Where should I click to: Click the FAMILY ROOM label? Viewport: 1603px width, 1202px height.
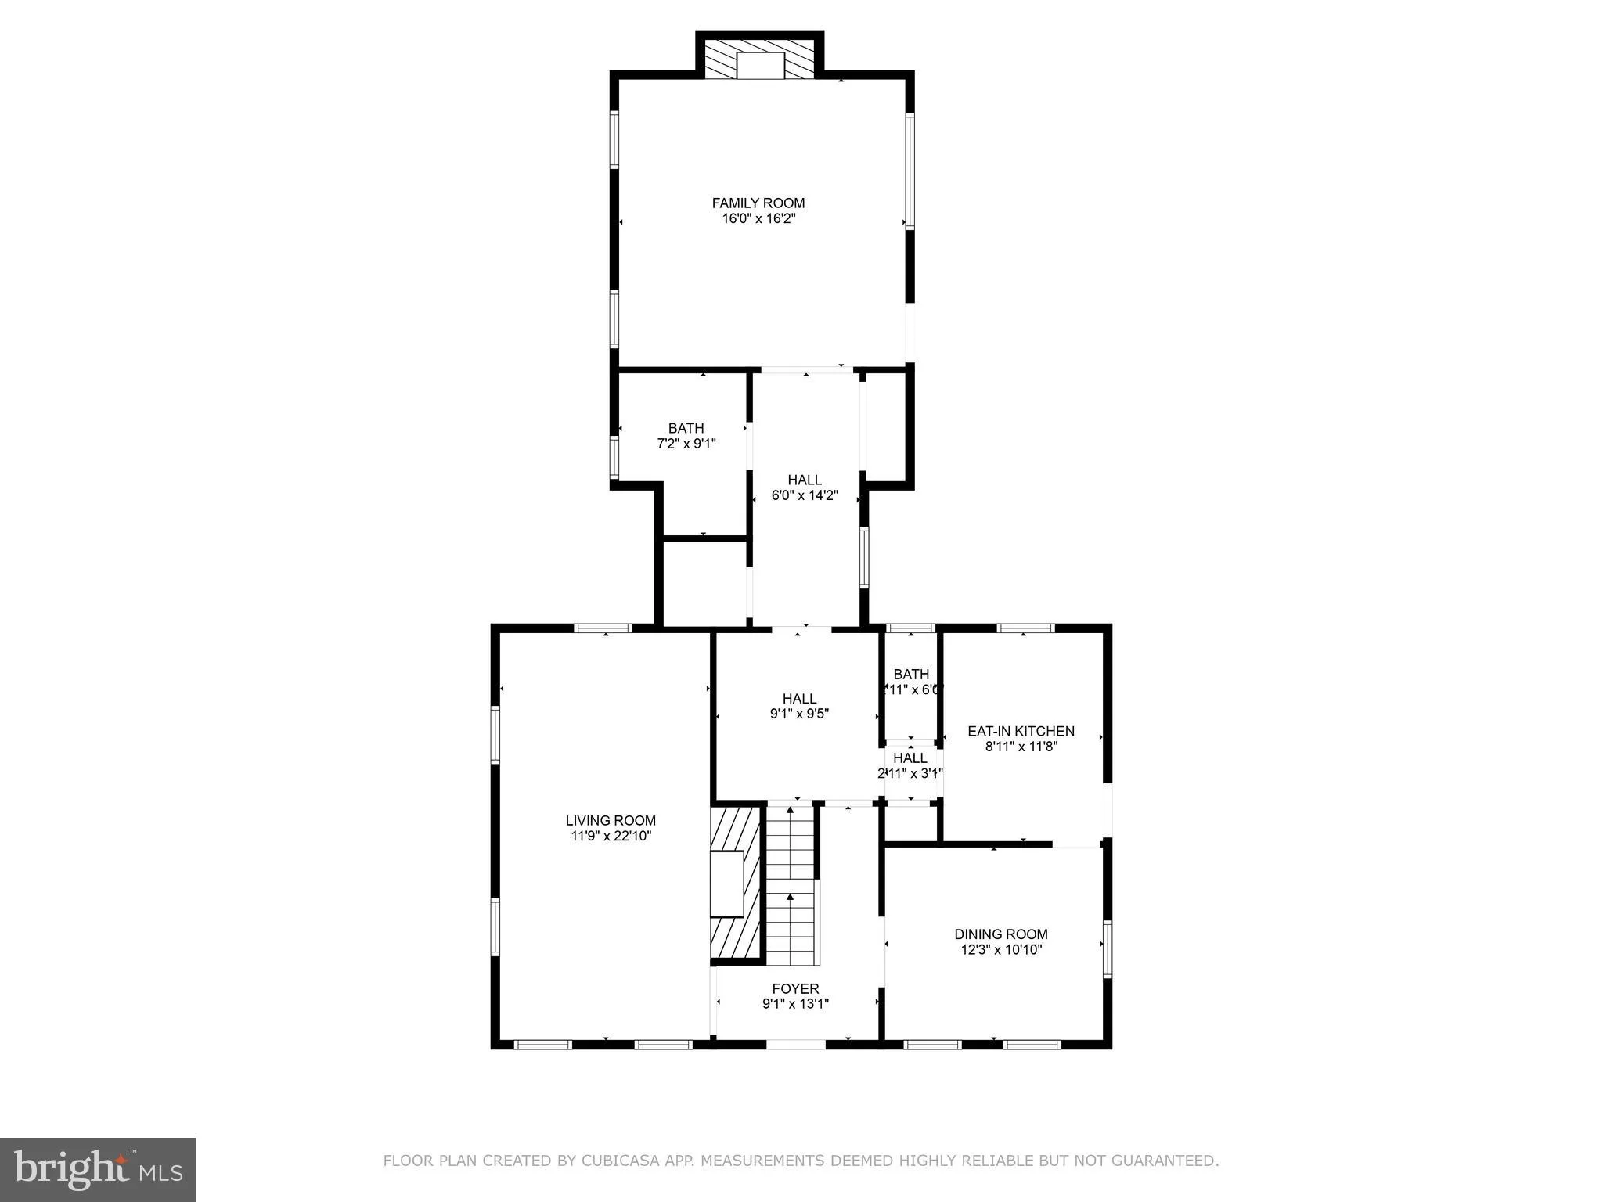coord(758,203)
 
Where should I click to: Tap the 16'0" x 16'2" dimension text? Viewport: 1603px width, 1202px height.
coord(758,219)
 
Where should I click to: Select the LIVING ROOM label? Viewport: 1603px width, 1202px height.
coord(611,820)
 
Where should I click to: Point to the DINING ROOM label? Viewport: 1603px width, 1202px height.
coord(1000,934)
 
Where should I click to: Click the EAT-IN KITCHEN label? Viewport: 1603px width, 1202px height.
coord(1021,731)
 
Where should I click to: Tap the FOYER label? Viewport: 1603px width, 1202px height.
coord(795,988)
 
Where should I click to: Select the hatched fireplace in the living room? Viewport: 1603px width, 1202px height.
coord(735,884)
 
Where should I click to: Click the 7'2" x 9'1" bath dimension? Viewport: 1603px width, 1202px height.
coord(686,444)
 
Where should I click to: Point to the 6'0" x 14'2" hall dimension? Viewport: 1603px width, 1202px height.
coord(805,495)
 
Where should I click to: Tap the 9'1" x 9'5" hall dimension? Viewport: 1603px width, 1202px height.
coord(799,714)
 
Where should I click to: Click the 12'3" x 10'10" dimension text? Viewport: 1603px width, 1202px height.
coord(1001,950)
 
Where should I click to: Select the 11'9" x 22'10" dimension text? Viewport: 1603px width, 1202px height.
coord(611,836)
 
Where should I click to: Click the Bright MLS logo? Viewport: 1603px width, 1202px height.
coord(98,1169)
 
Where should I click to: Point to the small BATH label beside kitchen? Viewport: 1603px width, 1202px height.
coord(911,674)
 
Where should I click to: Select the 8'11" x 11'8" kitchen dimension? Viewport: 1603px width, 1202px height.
coord(1021,747)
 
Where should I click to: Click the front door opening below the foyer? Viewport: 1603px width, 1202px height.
coord(795,1044)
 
